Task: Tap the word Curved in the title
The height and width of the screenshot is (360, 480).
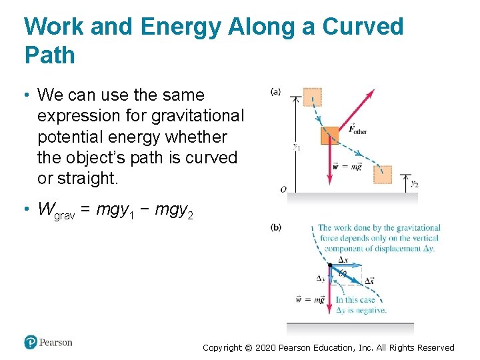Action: tap(363, 27)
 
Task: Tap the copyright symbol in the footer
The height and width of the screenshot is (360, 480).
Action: tap(249, 347)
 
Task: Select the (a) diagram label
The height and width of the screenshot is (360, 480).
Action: tap(275, 92)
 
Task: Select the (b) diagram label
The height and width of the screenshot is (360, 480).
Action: tap(275, 227)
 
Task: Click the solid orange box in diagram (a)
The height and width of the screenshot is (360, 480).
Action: tap(329, 136)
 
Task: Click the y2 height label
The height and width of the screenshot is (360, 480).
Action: tap(414, 183)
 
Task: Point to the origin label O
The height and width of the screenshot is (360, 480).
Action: tap(283, 189)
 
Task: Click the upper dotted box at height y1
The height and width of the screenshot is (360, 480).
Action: tap(311, 97)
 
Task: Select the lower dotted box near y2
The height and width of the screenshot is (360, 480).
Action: tap(383, 175)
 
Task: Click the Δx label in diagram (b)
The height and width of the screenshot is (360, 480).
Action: tap(343, 260)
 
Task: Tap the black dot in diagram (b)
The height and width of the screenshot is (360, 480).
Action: tap(330, 266)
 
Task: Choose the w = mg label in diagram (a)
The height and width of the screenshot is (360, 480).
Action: tap(347, 167)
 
